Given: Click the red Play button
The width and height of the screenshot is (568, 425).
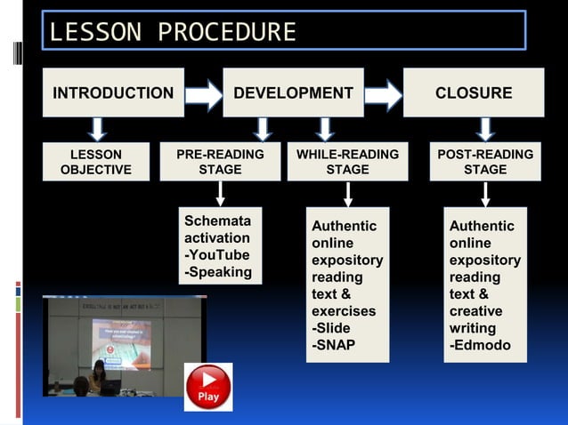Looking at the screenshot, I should [208, 387].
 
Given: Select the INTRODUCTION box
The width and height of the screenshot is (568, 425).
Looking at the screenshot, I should [113, 92].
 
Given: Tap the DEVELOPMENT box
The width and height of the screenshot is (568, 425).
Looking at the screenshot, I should [293, 92].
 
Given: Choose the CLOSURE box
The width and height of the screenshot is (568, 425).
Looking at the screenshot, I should [473, 92].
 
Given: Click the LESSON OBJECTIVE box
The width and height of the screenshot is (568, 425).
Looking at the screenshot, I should [95, 162].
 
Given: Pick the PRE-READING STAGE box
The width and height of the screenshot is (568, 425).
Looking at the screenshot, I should [220, 162].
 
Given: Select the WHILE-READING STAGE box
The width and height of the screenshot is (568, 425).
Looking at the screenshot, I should [347, 162].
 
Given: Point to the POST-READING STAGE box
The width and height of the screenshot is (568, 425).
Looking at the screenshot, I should [485, 162].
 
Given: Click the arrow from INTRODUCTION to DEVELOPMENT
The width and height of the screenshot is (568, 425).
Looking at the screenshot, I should [204, 93].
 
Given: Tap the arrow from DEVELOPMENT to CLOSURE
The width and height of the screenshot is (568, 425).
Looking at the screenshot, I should [384, 93].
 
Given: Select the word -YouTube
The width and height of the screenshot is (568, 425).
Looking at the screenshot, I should [216, 255].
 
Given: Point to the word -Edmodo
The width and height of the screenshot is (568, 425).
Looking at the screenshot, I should [480, 345].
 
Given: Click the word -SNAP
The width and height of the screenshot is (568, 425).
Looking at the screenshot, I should [333, 345].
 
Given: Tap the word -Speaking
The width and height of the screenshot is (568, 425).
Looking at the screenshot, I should [218, 272].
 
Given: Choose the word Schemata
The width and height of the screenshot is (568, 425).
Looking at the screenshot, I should [217, 221].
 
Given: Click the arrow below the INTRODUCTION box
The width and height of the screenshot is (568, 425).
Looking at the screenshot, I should [98, 129].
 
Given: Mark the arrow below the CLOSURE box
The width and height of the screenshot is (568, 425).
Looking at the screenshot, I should [484, 129].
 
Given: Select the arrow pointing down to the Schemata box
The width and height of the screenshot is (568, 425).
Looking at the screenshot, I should [220, 194].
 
